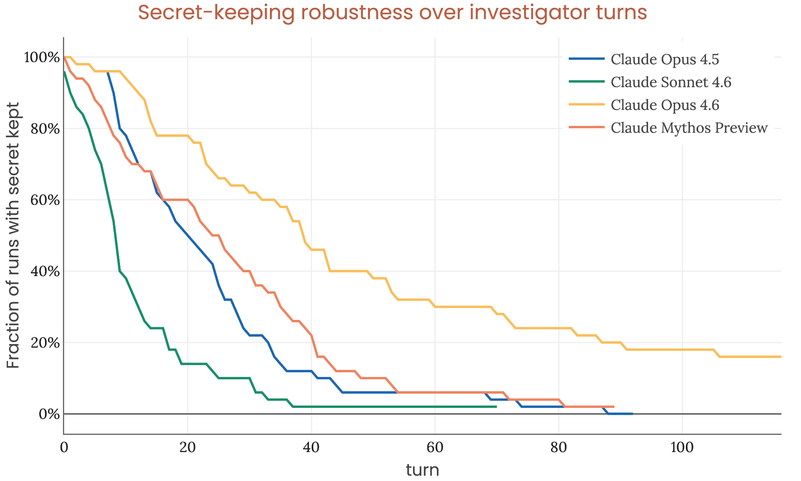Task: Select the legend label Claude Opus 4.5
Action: (x=665, y=59)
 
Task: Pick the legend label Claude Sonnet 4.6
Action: (x=671, y=82)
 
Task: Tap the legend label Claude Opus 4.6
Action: (x=665, y=105)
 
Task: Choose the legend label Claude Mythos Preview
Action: (x=689, y=127)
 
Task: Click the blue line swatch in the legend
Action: (x=587, y=59)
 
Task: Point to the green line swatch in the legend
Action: (x=587, y=81)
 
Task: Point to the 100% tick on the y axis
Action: (x=41, y=57)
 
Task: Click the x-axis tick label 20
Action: (x=187, y=448)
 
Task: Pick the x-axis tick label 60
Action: (x=435, y=448)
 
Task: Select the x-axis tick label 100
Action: (x=682, y=448)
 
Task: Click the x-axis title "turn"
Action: (x=422, y=470)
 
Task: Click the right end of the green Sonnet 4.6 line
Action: (x=496, y=407)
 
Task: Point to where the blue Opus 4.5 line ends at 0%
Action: (x=632, y=414)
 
